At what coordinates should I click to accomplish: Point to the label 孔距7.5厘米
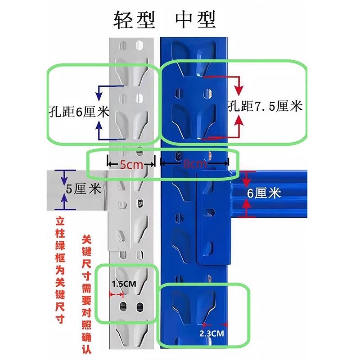265,107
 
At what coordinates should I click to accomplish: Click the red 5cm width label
131,165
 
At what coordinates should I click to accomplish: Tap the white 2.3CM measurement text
212,333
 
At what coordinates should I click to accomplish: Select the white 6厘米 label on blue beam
264,193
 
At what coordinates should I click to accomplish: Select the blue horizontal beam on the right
288,193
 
